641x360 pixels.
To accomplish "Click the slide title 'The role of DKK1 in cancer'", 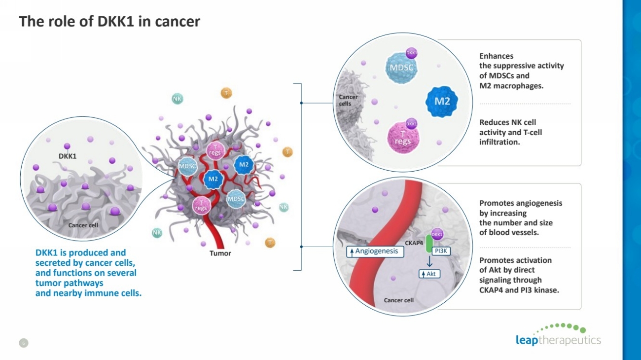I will click(109, 22).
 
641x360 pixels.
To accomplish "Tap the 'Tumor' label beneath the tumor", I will click(220, 253).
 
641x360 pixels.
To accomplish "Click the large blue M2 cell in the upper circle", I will click(442, 102).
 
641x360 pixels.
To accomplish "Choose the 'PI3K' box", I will click(441, 251).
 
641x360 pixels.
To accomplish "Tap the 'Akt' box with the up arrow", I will click(429, 274).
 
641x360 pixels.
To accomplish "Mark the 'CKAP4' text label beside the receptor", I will click(414, 243).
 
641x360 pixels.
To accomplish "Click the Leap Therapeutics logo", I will click(558, 335).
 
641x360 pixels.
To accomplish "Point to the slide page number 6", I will click(22, 342).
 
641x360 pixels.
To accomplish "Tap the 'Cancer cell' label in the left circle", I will click(83, 225).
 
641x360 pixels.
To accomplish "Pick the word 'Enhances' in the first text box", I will click(496, 56).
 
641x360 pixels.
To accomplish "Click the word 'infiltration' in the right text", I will click(500, 142).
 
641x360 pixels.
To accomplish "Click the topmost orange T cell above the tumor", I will click(226, 93).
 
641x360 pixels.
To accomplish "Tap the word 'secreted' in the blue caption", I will click(54, 263).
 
